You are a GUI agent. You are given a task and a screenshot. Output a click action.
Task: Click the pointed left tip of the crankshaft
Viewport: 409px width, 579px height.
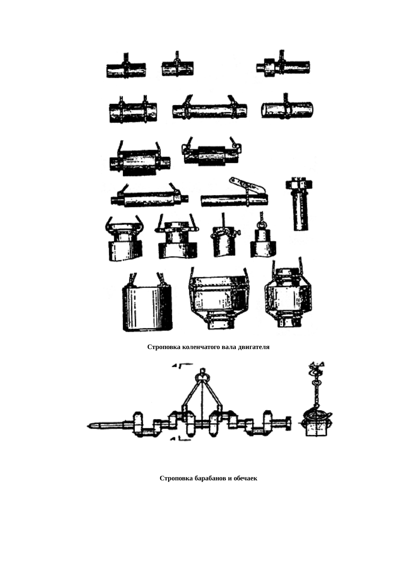87,426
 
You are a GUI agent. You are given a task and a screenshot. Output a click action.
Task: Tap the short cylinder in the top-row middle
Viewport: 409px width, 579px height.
177,68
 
